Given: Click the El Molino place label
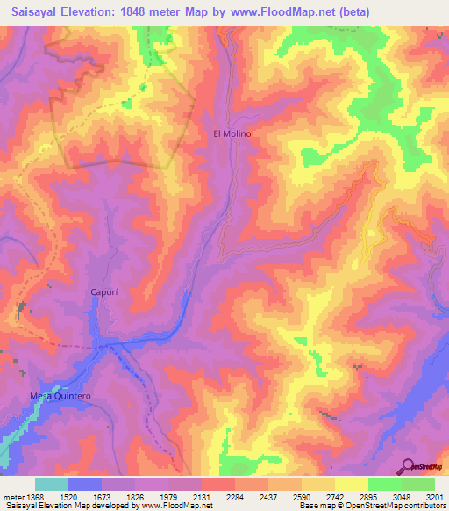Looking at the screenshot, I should point(232,133).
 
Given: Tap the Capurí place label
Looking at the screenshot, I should point(103,291).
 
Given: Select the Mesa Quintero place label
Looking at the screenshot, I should point(61,396).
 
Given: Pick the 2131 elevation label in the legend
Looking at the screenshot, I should point(201,496).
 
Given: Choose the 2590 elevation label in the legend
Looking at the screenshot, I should point(301,496).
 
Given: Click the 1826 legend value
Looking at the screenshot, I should point(134,496).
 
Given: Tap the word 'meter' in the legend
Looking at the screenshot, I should point(13,496).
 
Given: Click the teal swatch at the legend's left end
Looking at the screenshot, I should point(52,484).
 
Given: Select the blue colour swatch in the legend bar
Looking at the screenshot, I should point(85,484).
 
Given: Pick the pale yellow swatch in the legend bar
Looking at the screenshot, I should point(351,484).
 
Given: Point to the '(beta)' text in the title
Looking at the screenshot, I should point(355,12).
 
